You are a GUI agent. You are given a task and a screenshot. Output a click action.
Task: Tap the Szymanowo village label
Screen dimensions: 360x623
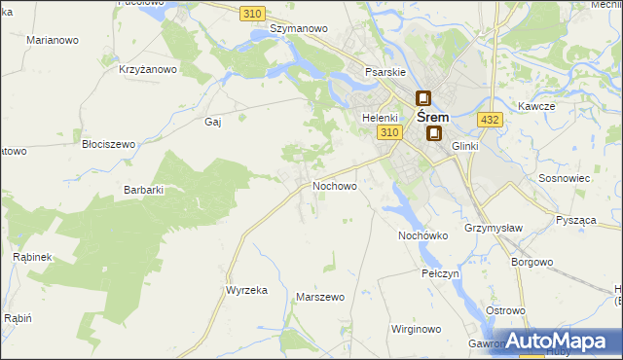[x=299, y=29]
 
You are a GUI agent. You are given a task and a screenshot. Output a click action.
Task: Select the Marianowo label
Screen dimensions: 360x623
[x=54, y=41]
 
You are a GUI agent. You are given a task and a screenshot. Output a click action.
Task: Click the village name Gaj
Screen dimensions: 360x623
[x=213, y=122]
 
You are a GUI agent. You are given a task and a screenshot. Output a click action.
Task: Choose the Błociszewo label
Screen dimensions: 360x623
[x=108, y=144]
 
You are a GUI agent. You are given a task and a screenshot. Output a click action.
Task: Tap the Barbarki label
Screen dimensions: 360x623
[x=143, y=191]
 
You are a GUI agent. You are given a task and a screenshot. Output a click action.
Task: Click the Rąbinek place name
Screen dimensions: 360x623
[x=32, y=257]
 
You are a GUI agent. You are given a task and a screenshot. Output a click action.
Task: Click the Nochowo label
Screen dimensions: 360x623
[x=334, y=185]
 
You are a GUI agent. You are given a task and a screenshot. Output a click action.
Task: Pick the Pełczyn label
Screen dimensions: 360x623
[x=440, y=274]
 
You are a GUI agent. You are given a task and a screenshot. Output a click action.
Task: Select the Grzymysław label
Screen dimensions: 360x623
[x=490, y=228]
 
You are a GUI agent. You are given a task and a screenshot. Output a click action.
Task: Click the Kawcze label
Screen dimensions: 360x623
[x=536, y=105]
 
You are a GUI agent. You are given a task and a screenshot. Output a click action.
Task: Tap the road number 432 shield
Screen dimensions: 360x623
[x=490, y=120]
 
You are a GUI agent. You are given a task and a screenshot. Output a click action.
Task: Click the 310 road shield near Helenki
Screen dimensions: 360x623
[x=390, y=132]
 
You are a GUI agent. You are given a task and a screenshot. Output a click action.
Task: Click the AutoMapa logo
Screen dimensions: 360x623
[x=555, y=342]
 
